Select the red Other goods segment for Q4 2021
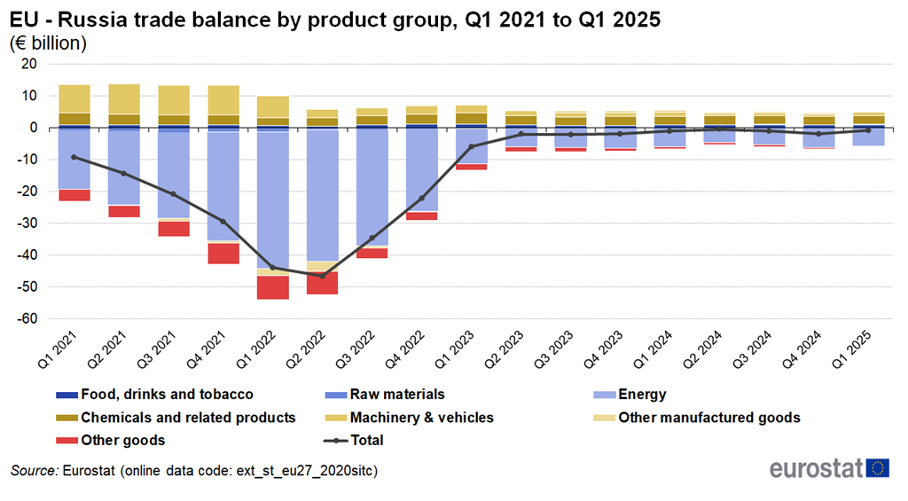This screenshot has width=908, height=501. click(223, 254)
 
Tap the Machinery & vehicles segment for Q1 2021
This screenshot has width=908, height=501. click(74, 98)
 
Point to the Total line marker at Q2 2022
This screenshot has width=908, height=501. click(323, 276)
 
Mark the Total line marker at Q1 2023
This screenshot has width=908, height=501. click(472, 146)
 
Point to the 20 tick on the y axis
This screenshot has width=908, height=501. click(29, 64)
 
